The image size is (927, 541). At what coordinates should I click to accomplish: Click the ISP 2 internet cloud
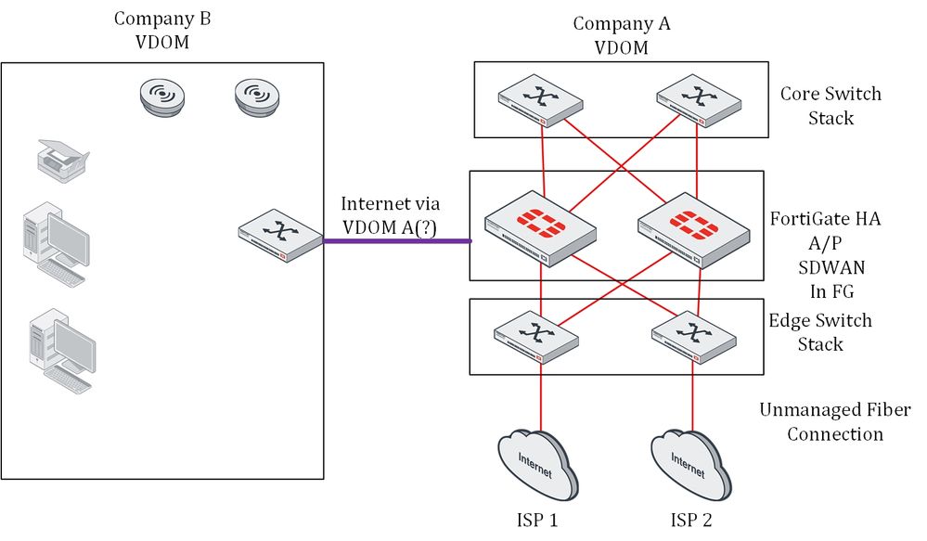(689, 464)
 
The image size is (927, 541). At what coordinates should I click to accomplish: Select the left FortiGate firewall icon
(540, 228)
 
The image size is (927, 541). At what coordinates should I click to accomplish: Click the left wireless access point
(162, 97)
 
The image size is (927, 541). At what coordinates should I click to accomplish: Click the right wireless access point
(257, 97)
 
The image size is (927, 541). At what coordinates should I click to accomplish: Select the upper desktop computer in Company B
(58, 238)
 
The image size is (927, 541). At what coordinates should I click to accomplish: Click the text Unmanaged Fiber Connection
(834, 421)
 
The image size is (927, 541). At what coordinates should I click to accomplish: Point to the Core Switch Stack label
(830, 106)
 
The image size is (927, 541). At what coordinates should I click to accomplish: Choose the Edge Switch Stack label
(820, 332)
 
